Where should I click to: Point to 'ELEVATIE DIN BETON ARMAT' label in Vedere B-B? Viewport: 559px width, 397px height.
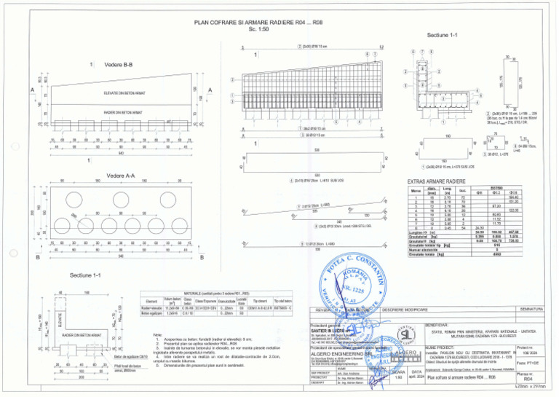click(x=121, y=93)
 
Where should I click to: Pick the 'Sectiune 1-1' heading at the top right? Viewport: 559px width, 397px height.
click(x=443, y=35)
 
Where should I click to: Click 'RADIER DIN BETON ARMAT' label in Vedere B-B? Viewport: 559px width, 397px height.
click(x=121, y=113)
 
